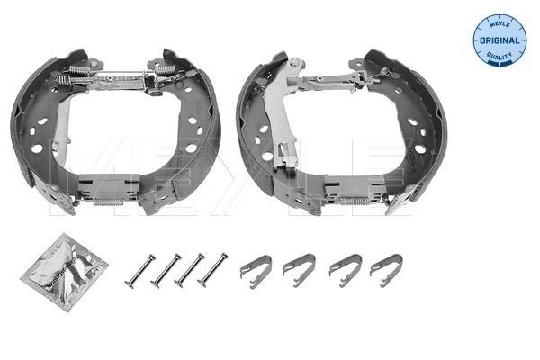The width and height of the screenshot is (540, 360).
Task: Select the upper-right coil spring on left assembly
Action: [x=167, y=68]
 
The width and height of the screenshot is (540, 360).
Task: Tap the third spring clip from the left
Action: [x=343, y=267]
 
